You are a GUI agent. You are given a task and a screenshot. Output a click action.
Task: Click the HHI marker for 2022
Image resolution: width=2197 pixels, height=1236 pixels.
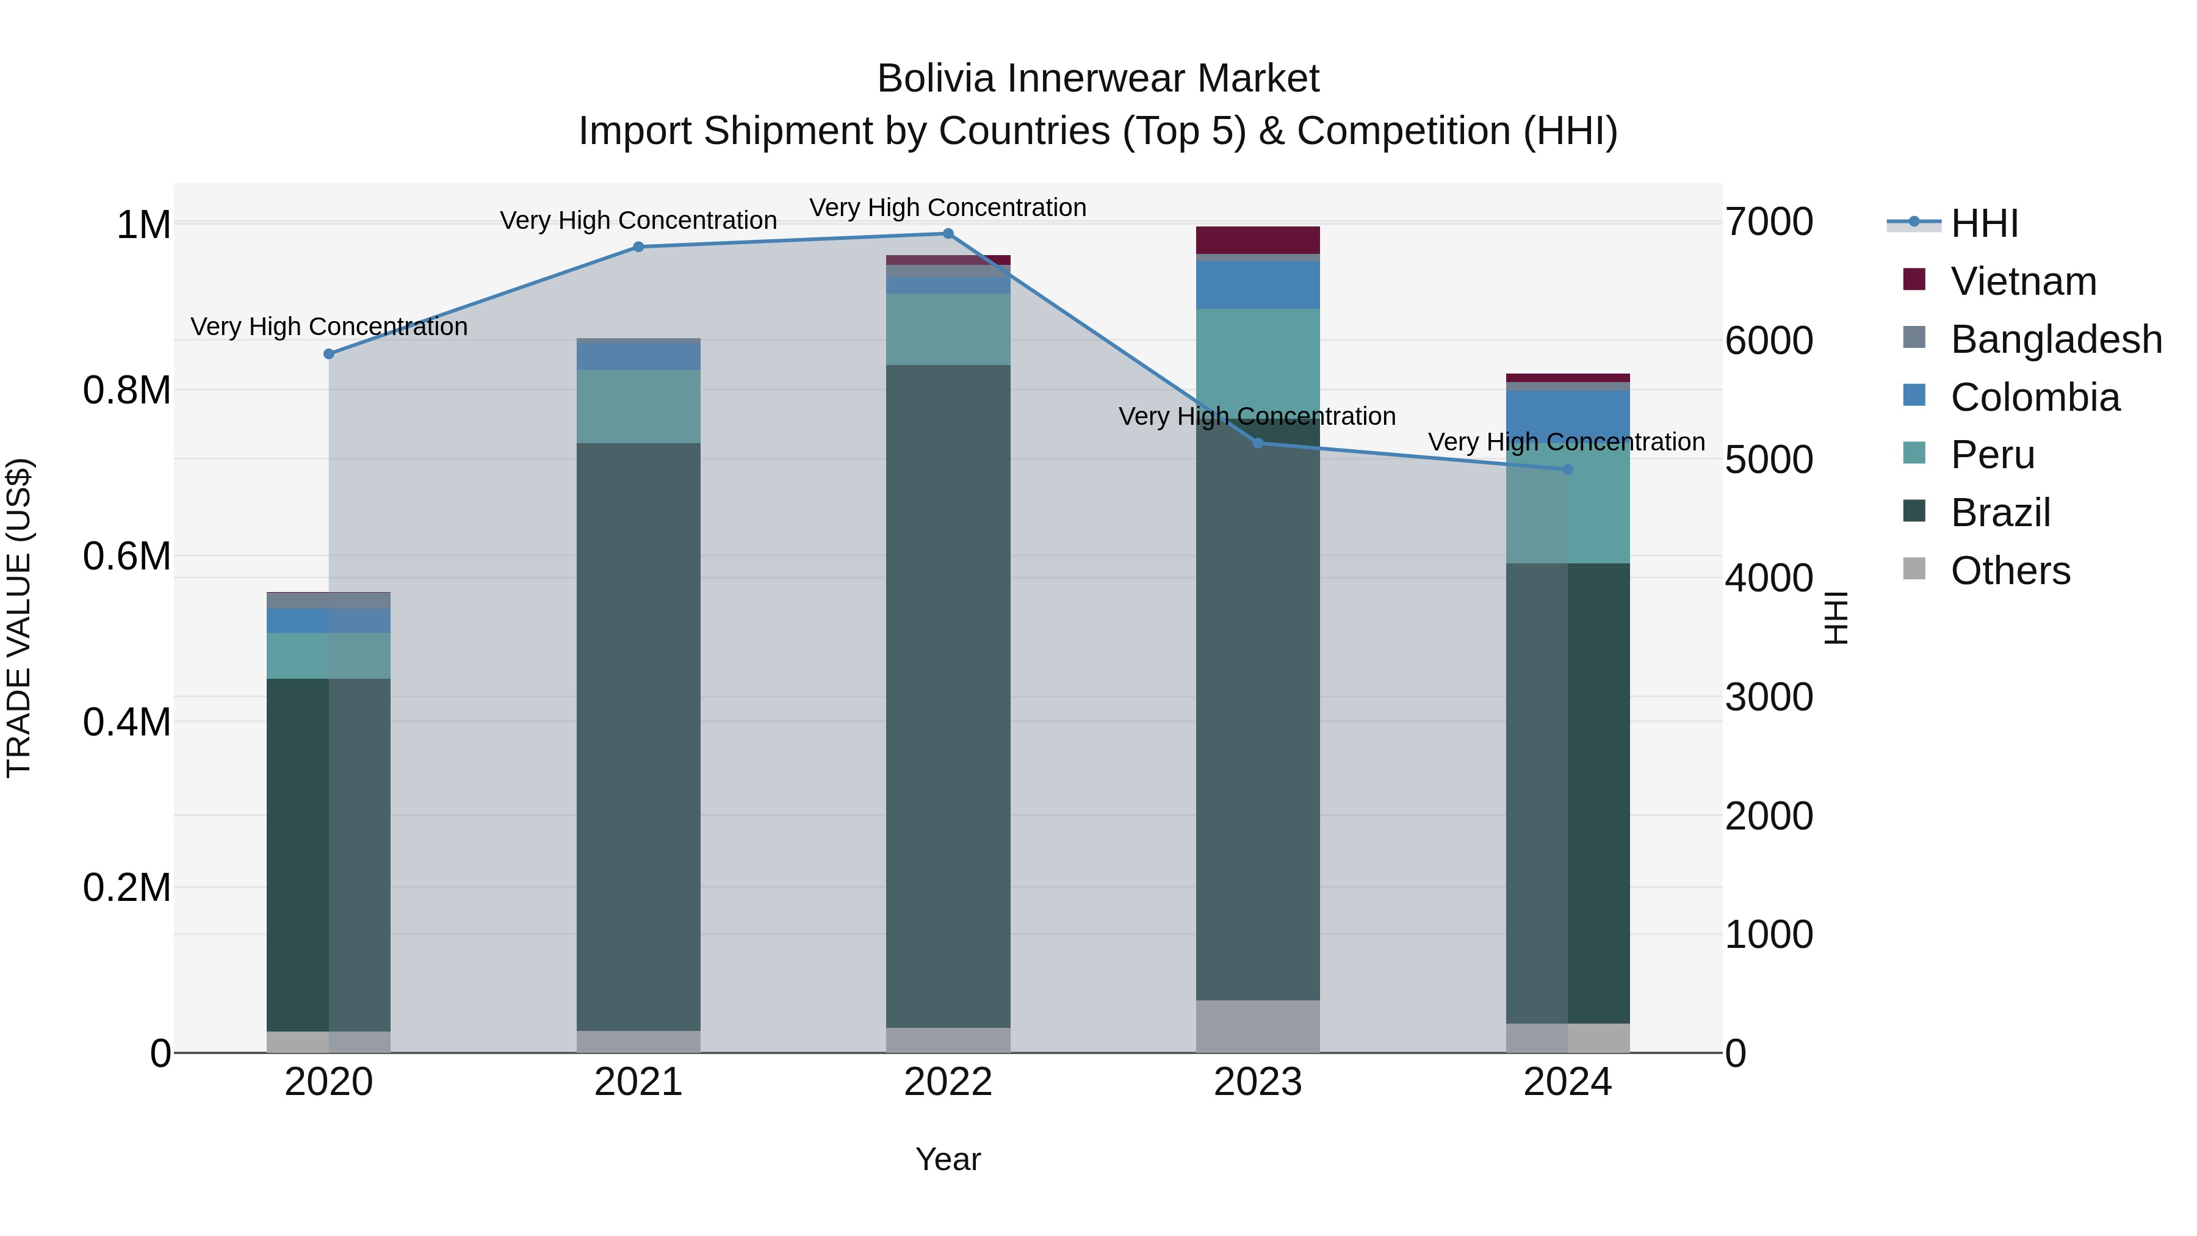pos(948,234)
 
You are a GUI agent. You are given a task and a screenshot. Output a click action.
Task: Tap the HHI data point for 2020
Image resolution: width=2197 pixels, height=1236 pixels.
pos(329,354)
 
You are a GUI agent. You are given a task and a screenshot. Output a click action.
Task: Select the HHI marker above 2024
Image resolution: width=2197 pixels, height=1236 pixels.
pos(1568,469)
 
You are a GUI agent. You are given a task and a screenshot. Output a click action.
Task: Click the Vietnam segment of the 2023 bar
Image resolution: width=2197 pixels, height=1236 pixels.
pos(1257,240)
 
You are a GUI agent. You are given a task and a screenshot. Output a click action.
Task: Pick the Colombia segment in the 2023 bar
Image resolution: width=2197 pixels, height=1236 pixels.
pos(1257,285)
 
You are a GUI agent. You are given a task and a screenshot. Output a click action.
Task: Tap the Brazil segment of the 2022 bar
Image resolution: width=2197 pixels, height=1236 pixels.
pos(948,695)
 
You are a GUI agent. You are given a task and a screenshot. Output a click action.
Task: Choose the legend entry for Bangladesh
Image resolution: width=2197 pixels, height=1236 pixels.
pos(2055,339)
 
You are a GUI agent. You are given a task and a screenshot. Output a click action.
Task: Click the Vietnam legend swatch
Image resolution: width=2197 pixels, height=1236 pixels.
pos(1914,280)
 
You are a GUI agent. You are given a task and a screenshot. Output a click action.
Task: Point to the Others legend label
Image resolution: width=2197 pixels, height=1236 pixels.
pos(2010,571)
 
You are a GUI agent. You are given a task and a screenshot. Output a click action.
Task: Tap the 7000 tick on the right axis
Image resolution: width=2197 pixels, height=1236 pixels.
pos(1769,223)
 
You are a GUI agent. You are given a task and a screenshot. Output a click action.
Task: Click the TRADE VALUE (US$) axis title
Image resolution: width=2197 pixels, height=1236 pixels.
pos(19,618)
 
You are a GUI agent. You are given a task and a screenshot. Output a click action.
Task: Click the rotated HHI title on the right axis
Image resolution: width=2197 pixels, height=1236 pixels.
pos(1835,618)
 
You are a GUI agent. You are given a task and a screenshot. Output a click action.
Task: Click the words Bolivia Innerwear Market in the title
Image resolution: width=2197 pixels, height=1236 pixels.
pos(1098,79)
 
